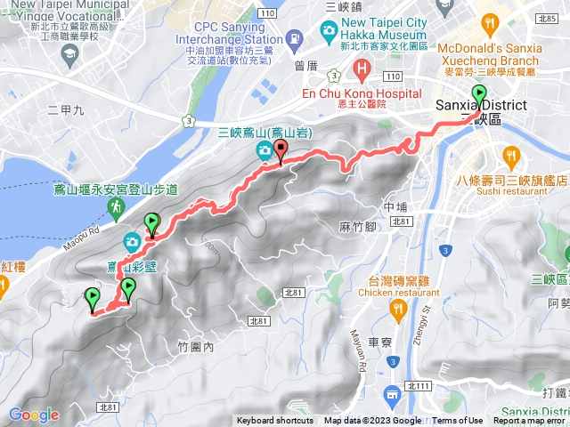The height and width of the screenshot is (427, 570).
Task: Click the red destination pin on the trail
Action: click(x=281, y=151)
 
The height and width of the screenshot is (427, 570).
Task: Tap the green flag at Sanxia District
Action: click(x=479, y=93)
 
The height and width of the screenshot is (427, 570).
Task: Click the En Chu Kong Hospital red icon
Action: click(x=362, y=69)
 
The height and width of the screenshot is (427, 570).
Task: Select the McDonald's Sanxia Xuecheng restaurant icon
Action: click(x=489, y=23)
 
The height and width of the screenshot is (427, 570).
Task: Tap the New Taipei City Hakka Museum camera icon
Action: click(x=330, y=32)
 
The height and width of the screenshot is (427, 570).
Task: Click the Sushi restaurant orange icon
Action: click(x=511, y=157)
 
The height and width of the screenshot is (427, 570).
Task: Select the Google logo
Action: click(x=33, y=415)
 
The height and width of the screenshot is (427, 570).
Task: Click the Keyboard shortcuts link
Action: click(x=274, y=421)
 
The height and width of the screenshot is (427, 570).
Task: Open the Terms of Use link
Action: click(x=458, y=421)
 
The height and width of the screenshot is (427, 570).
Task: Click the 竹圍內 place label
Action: click(x=195, y=347)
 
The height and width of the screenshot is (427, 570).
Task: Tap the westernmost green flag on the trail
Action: click(x=92, y=298)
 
